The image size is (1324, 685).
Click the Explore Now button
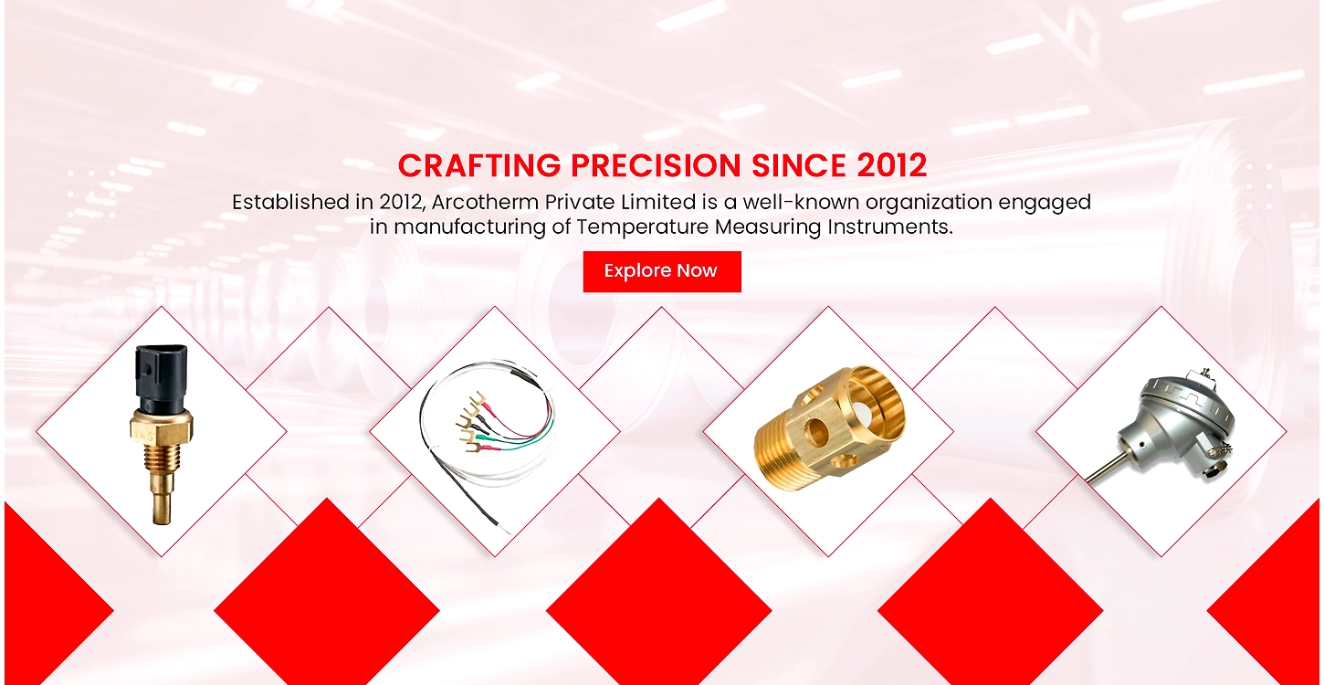pos(662,271)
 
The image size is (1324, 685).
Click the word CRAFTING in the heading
pos(478,165)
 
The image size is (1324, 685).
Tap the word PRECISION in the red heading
pos(655,165)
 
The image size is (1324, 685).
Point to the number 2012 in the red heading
pos(891,165)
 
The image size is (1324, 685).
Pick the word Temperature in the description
pos(642,227)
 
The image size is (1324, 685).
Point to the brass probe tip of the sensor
pos(162,509)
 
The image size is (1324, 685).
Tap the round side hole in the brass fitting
pos(816,433)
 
